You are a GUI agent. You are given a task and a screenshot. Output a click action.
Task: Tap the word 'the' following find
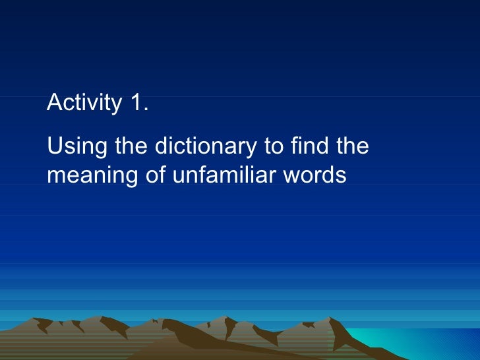point(351,146)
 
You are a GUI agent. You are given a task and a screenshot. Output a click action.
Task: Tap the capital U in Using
point(54,146)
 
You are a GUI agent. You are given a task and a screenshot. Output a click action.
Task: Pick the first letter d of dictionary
point(160,146)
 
